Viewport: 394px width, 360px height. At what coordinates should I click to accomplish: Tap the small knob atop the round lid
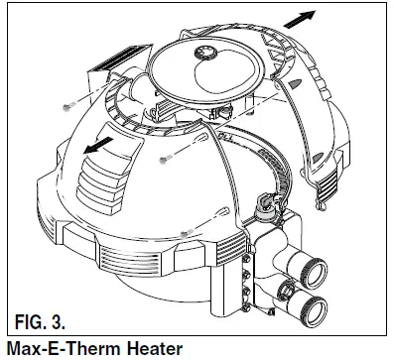pyautogui.click(x=208, y=52)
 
